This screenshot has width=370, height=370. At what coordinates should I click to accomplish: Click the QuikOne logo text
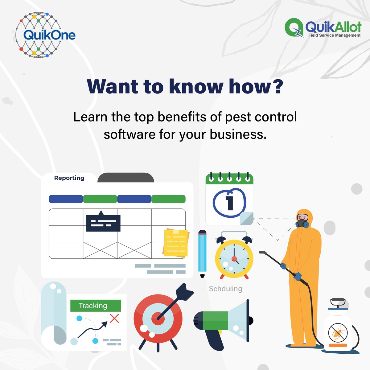pos(49,35)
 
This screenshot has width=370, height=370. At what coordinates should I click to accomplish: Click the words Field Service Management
pos(334,35)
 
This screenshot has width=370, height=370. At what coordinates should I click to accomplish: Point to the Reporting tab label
pos(69,178)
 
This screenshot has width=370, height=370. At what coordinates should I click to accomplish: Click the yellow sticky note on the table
pos(175,243)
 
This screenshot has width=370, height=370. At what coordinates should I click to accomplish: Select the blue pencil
pos(202,253)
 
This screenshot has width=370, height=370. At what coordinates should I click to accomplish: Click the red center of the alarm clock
pos(234,259)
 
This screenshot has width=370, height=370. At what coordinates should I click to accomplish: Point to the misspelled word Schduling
pos(225,289)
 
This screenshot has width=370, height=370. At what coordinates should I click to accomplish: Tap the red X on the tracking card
pos(114,318)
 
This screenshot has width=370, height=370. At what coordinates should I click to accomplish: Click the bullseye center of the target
pos(158,318)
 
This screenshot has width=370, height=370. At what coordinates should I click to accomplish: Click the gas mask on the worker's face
pos(302,223)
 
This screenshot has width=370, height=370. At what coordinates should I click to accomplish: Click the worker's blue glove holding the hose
pos(297,276)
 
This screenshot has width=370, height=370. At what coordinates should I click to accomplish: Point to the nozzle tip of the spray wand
pos(262,252)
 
